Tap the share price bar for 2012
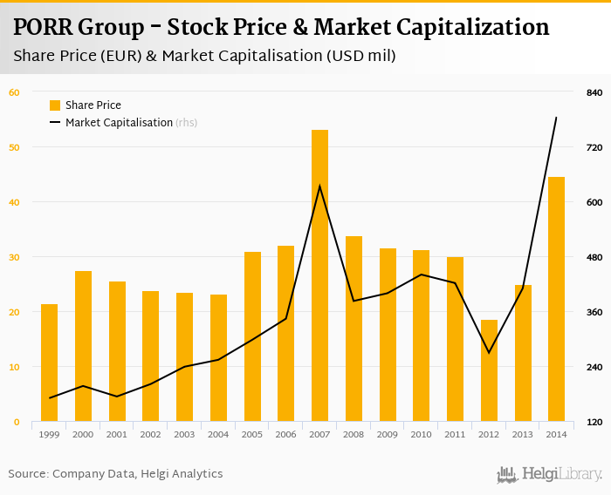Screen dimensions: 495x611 tap(489, 370)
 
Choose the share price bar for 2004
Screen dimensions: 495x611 tap(218, 358)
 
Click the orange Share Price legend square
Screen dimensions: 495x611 tap(55, 105)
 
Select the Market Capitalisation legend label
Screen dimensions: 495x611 tap(119, 123)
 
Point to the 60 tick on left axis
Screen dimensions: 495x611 tap(14, 92)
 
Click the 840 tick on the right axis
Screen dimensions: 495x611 tap(594, 92)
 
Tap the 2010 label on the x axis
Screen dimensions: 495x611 tap(421, 434)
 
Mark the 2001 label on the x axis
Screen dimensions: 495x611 tap(117, 434)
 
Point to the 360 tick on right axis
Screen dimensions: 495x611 tap(594, 312)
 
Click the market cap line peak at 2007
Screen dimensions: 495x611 tap(319, 186)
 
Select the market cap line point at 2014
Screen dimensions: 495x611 tap(556, 117)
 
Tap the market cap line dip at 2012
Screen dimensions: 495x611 tap(489, 353)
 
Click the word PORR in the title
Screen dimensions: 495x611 tap(44, 27)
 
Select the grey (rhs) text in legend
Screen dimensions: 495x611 tap(186, 123)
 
